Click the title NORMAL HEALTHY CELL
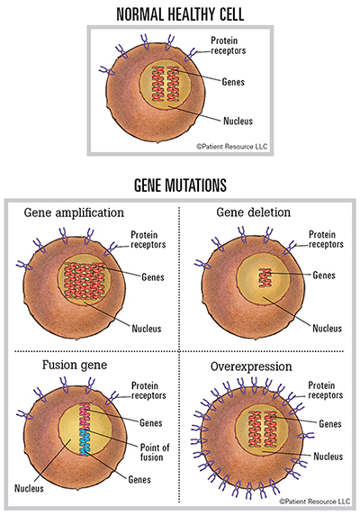(180, 14)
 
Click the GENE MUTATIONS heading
(180, 185)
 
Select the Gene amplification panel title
(74, 213)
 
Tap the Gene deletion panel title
(254, 213)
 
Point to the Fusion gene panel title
(75, 365)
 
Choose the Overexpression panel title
(251, 367)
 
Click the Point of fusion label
(155, 452)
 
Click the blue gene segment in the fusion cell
(85, 442)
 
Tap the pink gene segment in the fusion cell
(85, 417)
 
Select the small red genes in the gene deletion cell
(265, 277)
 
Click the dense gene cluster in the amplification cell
(84, 280)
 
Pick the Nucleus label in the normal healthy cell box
(238, 121)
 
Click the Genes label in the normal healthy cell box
(233, 82)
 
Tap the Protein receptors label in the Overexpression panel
(325, 390)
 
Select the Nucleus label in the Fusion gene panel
(29, 488)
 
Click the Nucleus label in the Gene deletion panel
(327, 328)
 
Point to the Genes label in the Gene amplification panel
(153, 277)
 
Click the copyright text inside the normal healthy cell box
(232, 147)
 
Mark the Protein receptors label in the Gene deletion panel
(326, 240)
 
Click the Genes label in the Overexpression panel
(330, 423)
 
